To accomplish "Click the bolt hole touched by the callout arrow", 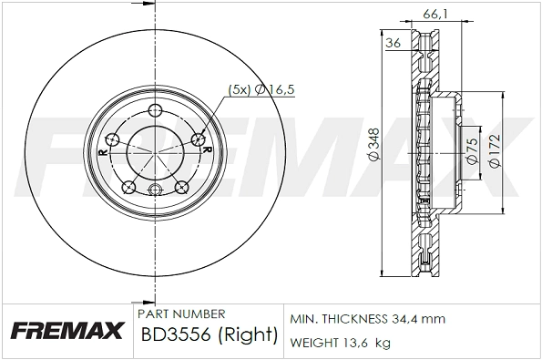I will pyautogui.click(x=199, y=139).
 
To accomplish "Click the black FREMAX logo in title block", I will pyautogui.click(x=66, y=331).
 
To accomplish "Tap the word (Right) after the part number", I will pyautogui.click(x=249, y=335).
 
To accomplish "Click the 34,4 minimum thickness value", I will pyautogui.click(x=407, y=320).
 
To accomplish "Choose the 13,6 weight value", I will pyautogui.click(x=356, y=343).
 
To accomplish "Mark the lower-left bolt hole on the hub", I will pyautogui.click(x=128, y=187).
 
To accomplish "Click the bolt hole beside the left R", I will pyautogui.click(x=113, y=139).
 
